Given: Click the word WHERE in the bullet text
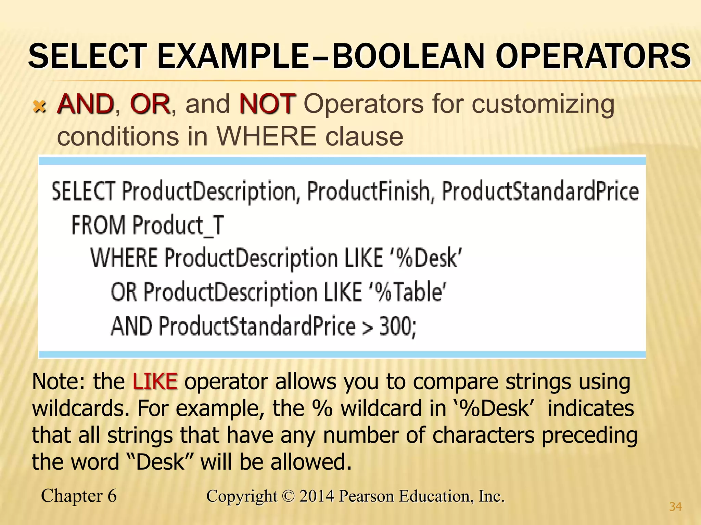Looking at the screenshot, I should (266, 136).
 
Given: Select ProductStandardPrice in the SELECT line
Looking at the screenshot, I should (540, 191).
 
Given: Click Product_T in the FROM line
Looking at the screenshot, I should (178, 226).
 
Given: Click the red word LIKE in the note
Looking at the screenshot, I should (155, 381).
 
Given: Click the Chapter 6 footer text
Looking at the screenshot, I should (79, 496).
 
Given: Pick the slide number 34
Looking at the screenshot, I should (675, 507).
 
